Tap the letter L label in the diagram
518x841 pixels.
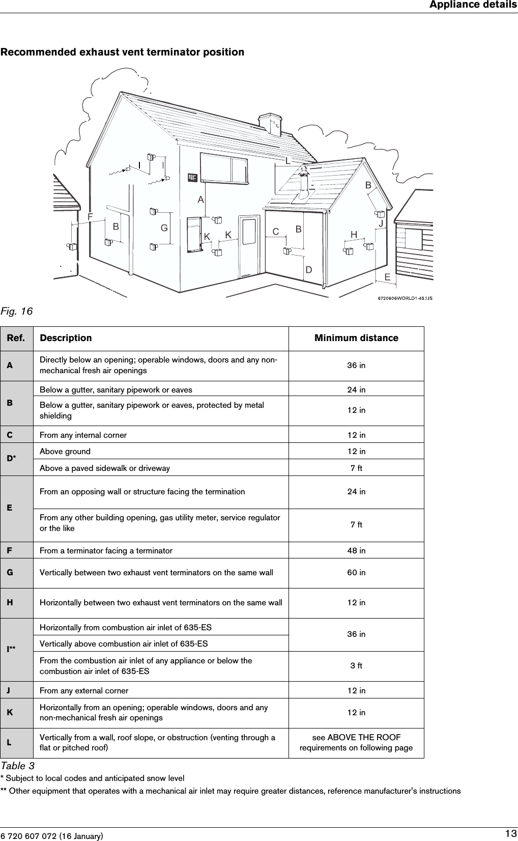pos(287,161)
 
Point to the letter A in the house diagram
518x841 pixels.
pos(201,199)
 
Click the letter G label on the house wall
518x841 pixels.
pos(164,228)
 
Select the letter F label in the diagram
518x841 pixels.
pos(90,216)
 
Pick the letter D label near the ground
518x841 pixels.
pos(308,269)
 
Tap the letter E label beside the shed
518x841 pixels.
pos(387,277)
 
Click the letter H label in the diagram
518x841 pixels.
pos(354,234)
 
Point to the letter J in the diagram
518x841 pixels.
pos(380,223)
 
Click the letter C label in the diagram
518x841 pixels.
pos(276,232)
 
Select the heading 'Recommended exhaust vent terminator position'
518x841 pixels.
pos(122,52)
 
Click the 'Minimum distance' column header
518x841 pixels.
pos(356,338)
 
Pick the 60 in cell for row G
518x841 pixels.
pos(356,573)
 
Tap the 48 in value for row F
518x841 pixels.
pos(356,550)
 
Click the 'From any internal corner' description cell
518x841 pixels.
pos(83,435)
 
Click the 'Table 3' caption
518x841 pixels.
pos(17,766)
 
